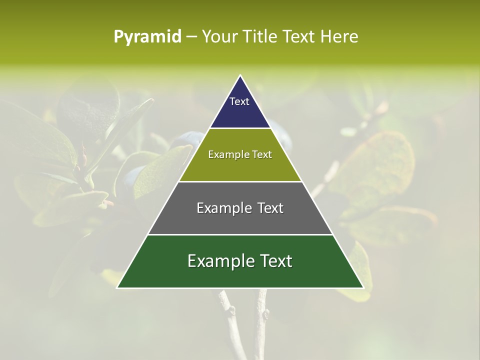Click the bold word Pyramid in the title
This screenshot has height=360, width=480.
(x=147, y=37)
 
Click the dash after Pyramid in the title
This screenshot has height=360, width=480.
(x=191, y=37)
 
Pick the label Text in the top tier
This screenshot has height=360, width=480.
(x=239, y=101)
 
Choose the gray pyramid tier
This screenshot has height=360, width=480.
(x=240, y=220)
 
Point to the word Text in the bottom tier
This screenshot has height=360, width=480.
(x=275, y=261)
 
